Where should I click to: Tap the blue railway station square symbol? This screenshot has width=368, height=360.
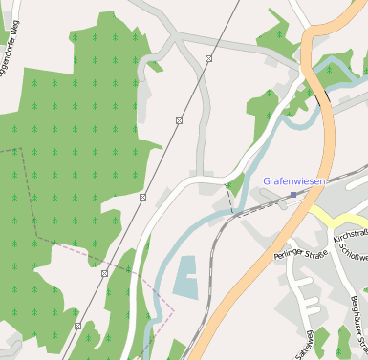pos(293,195)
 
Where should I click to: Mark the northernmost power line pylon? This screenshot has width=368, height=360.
pos(208,59)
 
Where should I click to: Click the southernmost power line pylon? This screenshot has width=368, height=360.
pos(78,327)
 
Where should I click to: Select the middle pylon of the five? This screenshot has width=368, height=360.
pos(143,197)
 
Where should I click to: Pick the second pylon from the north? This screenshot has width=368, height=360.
pos(179,120)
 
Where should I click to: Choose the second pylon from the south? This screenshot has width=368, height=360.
pos(105,273)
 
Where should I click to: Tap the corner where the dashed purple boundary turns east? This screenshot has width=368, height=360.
pos(36,234)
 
